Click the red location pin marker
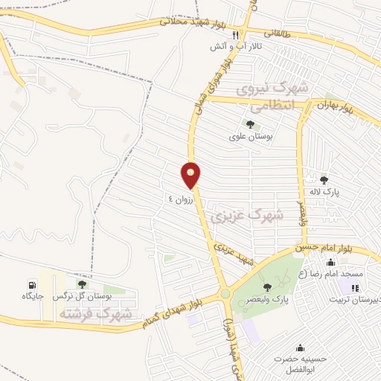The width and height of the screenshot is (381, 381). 191,175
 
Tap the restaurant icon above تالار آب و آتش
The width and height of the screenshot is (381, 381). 235,35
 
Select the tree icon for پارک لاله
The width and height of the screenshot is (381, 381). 324,179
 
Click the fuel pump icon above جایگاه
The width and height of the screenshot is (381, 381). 32,284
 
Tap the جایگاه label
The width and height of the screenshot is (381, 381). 33,296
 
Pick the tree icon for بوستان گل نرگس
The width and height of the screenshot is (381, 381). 82,284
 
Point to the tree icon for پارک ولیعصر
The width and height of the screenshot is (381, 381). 267,287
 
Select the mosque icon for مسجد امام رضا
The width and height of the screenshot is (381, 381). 331,261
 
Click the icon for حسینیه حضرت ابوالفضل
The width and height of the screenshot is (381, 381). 300,348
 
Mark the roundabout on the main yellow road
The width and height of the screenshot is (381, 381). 225,295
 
